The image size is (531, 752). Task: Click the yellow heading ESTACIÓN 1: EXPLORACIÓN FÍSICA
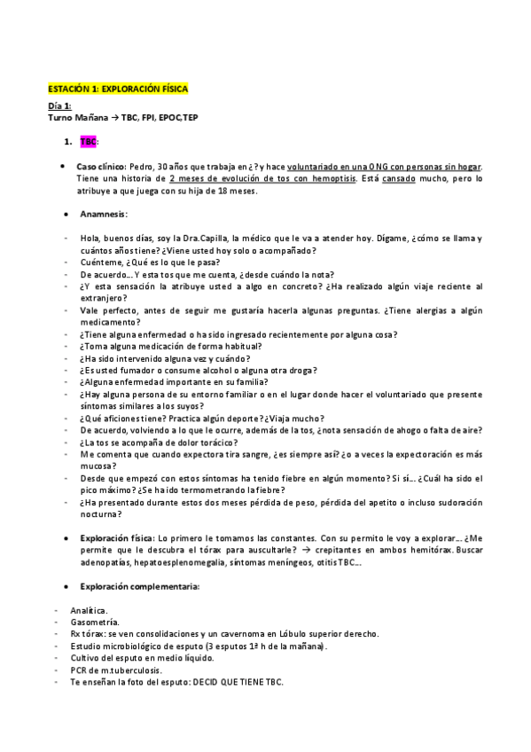(x=118, y=90)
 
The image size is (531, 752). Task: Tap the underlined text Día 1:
(x=60, y=106)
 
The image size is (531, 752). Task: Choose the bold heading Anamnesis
(x=102, y=214)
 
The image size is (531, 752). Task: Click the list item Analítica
(x=89, y=610)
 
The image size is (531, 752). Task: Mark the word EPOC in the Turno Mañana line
(x=173, y=118)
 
